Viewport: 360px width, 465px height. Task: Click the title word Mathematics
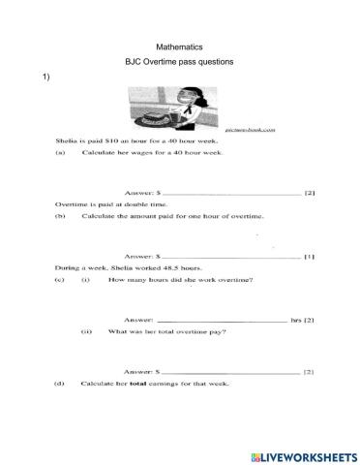[179, 46]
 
